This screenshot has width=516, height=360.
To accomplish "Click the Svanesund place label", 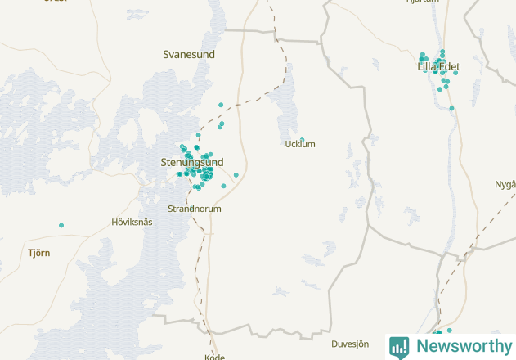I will pos(188,54).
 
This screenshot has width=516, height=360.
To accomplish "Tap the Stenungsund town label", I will pos(191,162).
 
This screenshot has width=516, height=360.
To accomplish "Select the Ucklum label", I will pos(299,145).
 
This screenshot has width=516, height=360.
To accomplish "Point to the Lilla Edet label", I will pos(439,66).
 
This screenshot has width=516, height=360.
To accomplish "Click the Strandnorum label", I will pos(194,209).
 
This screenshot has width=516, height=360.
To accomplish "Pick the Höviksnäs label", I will pos(132,223).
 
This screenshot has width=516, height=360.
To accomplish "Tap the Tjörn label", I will pos(38,253).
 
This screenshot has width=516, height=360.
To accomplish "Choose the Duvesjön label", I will pos(351,344).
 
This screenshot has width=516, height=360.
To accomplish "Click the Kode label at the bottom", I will pos(214,357).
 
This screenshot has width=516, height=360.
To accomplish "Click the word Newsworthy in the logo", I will pos(464,346).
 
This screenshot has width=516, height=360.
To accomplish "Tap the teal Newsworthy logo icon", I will pos(399,347).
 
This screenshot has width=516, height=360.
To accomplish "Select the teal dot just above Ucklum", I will pos(302,140).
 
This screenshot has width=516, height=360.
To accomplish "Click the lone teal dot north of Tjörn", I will pos(61,225).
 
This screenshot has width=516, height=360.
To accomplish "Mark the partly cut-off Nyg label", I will pos(505,184).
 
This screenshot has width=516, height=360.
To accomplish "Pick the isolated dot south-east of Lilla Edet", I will pos(451,108).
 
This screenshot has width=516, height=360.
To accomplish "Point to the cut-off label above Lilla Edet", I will pos(423,2).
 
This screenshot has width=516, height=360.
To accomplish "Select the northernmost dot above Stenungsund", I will pos(221,105).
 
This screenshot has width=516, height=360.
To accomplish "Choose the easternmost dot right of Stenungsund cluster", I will pos(236,174).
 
